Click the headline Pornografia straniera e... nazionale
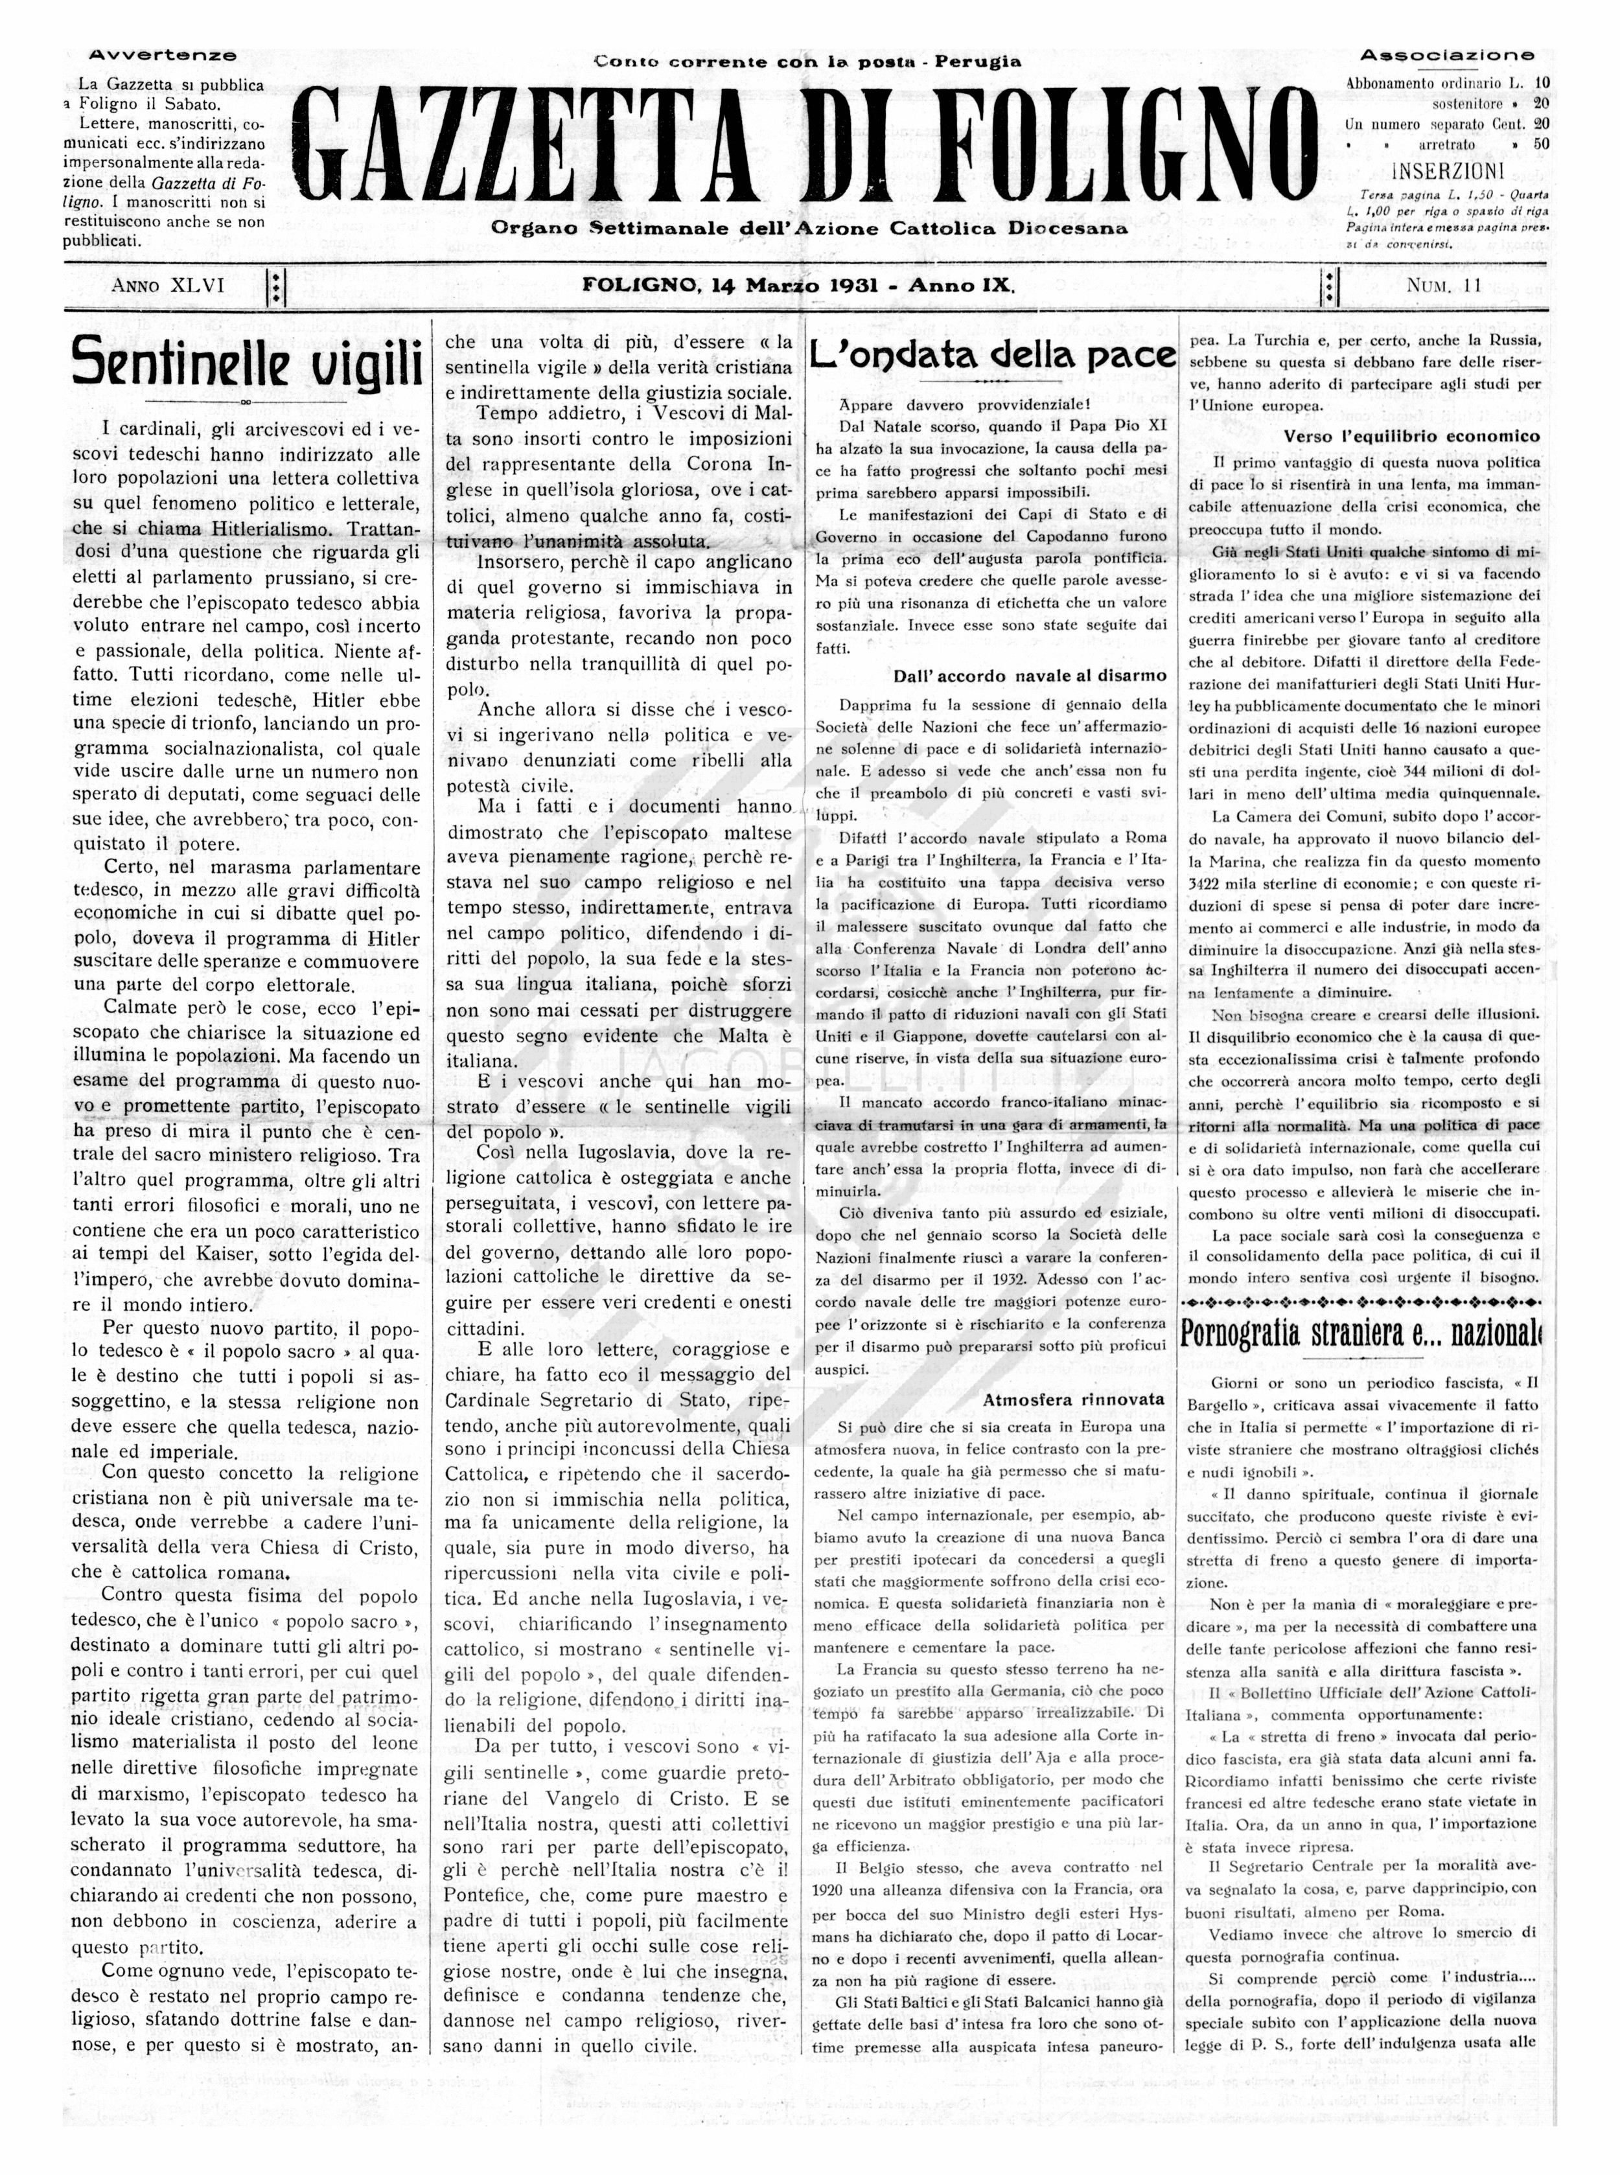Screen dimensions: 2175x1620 [x=1361, y=1333]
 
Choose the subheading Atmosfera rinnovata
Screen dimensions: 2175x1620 [x=1074, y=1399]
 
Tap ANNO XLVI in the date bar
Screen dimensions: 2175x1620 [x=168, y=286]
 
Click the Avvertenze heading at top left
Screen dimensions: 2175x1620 [x=163, y=56]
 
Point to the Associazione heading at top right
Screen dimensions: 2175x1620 [x=1446, y=56]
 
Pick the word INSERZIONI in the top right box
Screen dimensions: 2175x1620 [x=1446, y=170]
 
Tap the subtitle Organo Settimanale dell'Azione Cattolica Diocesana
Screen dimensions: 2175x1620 [x=810, y=229]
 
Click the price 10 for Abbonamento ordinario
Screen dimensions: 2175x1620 [x=1542, y=84]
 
